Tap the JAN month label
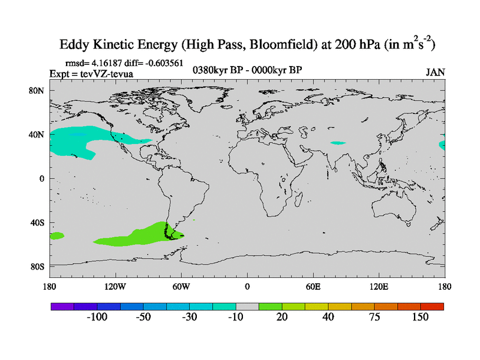435,72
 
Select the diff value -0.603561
161,62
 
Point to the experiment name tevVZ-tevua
107,74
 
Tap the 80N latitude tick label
37,91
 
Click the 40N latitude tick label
37,134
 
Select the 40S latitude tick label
37,222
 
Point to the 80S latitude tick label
37,266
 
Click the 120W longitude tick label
115,286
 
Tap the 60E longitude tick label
313,286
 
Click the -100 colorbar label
97,317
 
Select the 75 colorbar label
374,317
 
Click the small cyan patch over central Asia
338,143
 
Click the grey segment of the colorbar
247,306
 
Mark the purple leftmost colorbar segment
62,306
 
